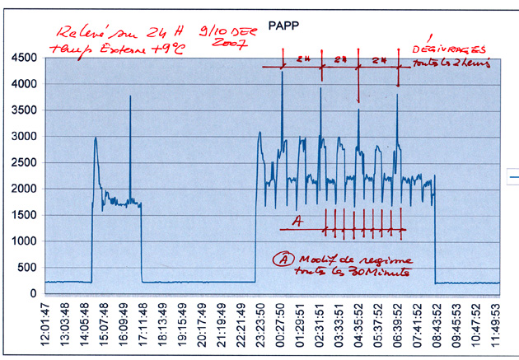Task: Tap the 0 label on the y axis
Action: pos(34,293)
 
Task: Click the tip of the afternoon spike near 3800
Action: pos(130,97)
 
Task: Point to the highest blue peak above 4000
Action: pos(282,72)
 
